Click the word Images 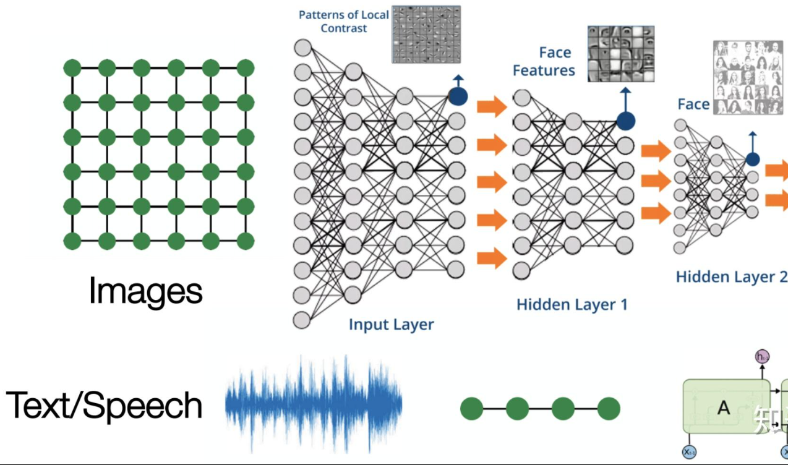146,291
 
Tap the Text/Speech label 104,406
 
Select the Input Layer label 392,324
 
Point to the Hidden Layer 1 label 572,304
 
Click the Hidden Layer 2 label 731,276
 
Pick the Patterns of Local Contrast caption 344,21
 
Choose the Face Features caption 544,61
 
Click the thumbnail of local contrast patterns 426,34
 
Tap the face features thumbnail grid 620,54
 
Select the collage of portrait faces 747,77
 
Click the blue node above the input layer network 458,95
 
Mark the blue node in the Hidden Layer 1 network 625,121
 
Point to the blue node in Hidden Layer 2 752,159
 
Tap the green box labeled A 724,407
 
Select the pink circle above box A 762,356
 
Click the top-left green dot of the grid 72,67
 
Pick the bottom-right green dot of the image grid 246,241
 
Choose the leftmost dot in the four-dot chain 471,409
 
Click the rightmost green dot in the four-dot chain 609,409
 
